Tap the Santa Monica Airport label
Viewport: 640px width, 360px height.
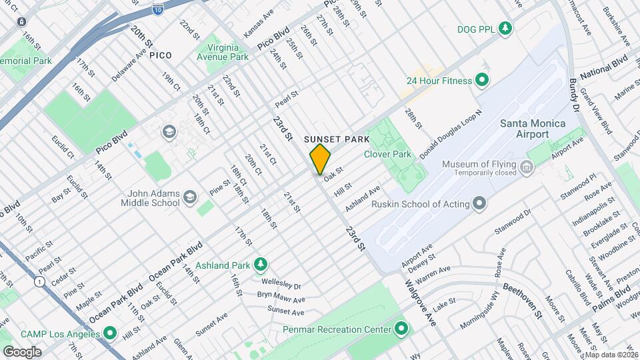[533, 129]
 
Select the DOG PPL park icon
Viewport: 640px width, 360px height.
[507, 28]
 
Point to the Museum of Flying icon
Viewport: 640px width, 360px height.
[526, 165]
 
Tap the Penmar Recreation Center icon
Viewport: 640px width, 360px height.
[401, 328]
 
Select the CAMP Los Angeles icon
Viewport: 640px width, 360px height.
[111, 332]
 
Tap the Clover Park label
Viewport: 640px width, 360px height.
[387, 153]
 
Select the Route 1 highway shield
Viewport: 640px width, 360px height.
[41, 282]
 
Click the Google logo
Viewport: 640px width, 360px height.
[22, 351]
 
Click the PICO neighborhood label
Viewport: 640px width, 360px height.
[160, 55]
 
